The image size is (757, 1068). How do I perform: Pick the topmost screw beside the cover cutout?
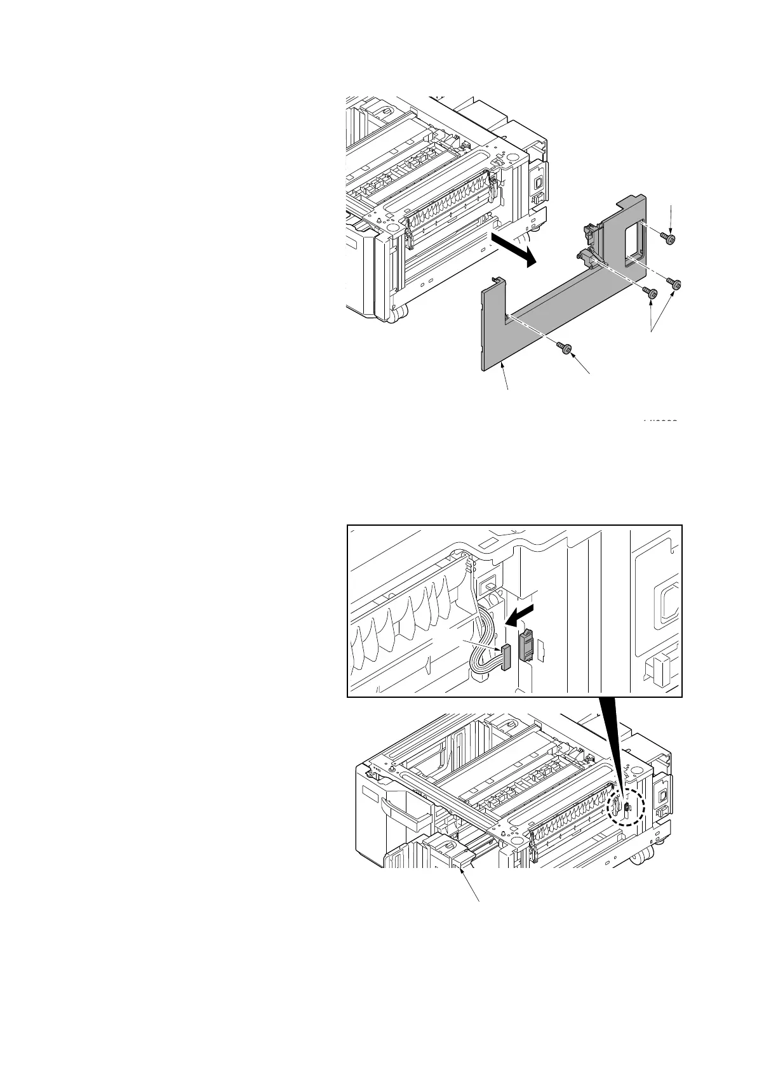click(668, 237)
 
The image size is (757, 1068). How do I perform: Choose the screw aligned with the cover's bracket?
click(649, 293)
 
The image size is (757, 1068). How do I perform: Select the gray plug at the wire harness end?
click(506, 657)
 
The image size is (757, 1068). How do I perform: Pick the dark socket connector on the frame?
click(526, 645)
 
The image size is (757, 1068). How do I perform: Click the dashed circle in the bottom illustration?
click(626, 808)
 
